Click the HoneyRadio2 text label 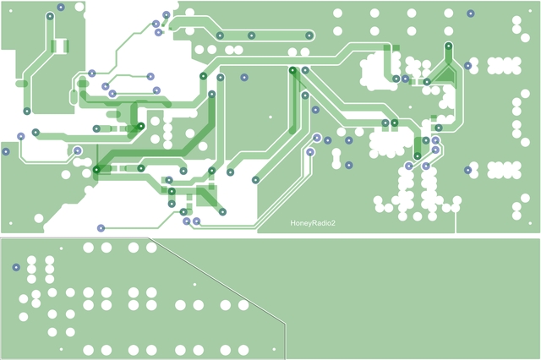(313, 224)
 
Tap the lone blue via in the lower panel (15, 267)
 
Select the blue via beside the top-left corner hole (61, 8)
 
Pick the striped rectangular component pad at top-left (61, 45)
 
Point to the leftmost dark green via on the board (26, 111)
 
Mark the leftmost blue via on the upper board (6, 152)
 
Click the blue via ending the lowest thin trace (101, 227)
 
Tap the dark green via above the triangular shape (449, 45)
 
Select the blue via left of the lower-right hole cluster (467, 170)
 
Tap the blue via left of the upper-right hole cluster (467, 64)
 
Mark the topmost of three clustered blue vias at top (166, 14)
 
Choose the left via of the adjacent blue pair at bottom (186, 221)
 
